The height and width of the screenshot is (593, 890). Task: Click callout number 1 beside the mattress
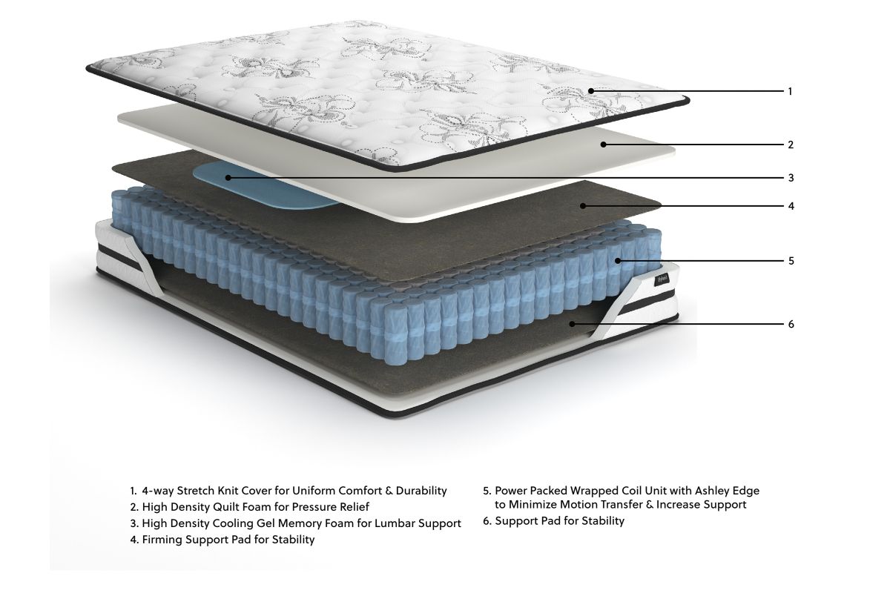[790, 92]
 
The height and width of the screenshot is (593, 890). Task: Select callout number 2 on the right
[791, 144]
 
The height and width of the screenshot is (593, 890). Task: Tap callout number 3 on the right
[791, 178]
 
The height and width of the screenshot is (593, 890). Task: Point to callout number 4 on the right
[791, 205]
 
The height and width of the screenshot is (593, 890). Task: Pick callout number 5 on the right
[791, 261]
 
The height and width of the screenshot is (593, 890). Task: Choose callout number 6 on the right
[791, 324]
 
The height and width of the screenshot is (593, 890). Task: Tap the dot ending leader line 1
[591, 91]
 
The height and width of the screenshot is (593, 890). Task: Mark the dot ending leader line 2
[604, 144]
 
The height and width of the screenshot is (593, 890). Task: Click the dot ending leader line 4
[584, 205]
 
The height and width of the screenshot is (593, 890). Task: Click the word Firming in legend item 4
[162, 540]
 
